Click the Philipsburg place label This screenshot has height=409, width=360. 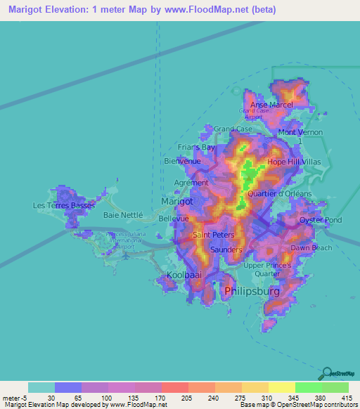[252, 290]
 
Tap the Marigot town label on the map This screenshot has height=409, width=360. [177, 201]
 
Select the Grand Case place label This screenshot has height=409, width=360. [233, 129]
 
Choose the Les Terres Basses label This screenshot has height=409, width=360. [63, 205]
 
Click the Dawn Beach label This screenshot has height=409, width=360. [311, 247]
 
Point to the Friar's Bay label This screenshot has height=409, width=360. [197, 148]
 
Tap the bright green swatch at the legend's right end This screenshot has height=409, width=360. [335, 387]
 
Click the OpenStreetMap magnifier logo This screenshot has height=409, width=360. [326, 373]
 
